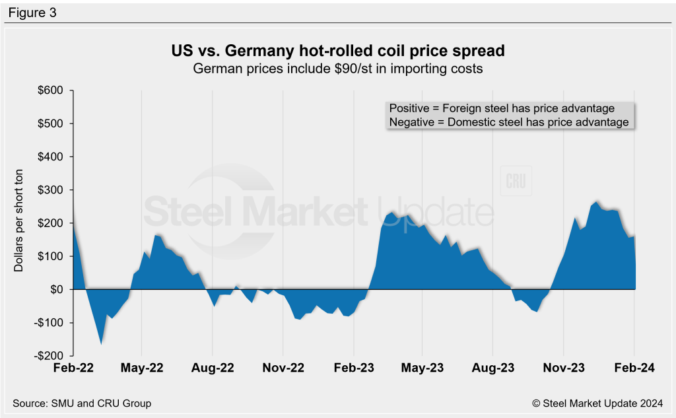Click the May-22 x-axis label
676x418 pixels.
[142, 368]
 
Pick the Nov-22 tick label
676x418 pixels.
[283, 368]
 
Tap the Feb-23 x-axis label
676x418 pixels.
[353, 368]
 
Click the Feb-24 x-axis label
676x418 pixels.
[634, 368]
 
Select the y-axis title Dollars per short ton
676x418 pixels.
[18, 223]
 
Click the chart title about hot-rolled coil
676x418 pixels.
[338, 52]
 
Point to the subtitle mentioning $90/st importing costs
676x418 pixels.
[338, 69]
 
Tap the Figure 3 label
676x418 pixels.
[32, 12]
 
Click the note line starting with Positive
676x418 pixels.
[502, 108]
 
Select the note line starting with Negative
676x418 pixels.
[508, 122]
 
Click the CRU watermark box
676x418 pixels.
[516, 182]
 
